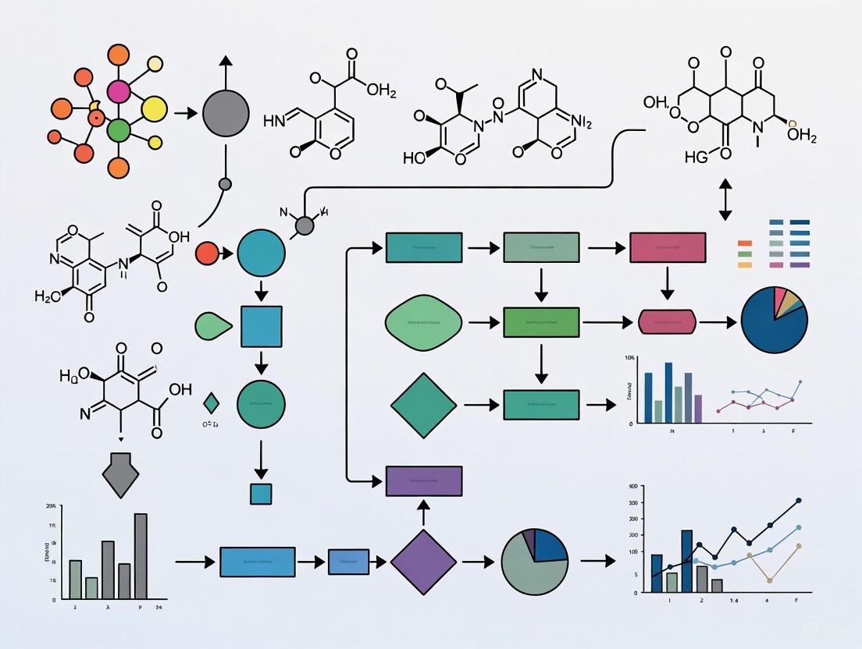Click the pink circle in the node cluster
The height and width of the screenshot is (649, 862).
(x=119, y=91)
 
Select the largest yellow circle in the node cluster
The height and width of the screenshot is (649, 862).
(x=154, y=110)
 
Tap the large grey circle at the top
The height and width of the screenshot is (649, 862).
(x=226, y=114)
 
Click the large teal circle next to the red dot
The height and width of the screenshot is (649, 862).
(x=261, y=254)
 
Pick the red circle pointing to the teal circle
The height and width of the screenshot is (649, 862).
(x=207, y=254)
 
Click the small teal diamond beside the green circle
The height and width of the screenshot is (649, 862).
(x=210, y=403)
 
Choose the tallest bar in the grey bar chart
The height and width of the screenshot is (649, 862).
(x=141, y=555)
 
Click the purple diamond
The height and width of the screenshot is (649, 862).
(x=423, y=562)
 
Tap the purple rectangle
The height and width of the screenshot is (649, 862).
(x=424, y=481)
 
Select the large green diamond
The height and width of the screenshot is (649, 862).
(x=423, y=405)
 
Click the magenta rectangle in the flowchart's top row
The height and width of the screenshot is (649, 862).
(x=668, y=247)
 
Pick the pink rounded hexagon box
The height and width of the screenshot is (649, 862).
(x=667, y=321)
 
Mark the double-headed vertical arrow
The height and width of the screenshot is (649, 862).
(x=725, y=199)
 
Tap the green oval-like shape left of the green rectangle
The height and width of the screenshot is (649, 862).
(x=424, y=321)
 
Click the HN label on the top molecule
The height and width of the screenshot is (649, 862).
(x=275, y=120)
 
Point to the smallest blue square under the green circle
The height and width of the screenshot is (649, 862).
(x=261, y=494)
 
